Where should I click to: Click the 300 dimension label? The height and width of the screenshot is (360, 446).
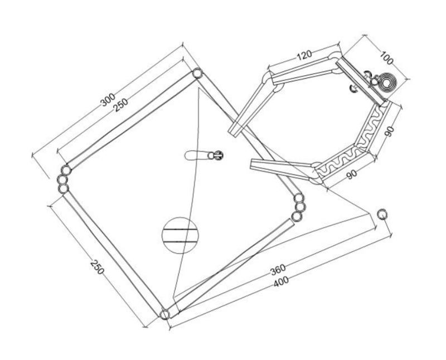point(108,100)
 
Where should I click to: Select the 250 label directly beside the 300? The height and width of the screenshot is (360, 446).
point(121,105)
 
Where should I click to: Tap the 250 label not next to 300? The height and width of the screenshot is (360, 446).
point(97,267)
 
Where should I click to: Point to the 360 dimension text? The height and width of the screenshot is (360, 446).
point(278,270)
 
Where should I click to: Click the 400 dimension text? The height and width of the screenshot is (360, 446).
point(281,281)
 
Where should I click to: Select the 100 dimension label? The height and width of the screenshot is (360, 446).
point(386,58)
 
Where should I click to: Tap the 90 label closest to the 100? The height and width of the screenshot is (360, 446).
point(390,131)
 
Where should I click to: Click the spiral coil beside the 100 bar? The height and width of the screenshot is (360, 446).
point(386,82)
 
